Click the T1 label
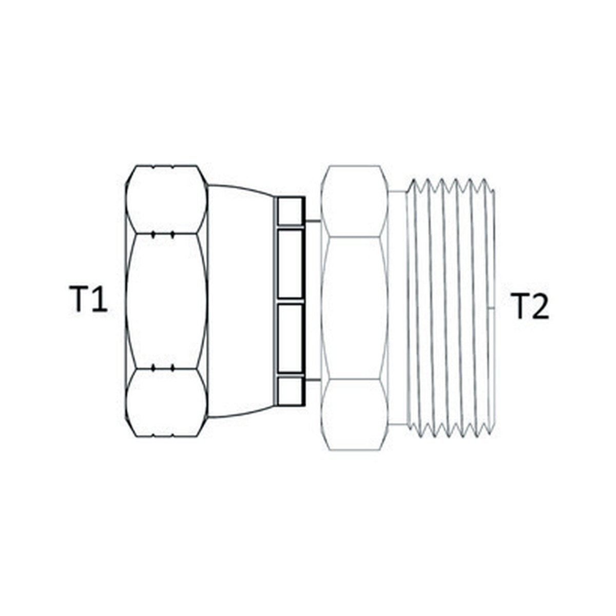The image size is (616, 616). (x=88, y=299)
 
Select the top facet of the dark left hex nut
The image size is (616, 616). (x=166, y=200)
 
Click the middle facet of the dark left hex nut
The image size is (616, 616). (x=166, y=301)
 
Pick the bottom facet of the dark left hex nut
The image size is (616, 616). (x=166, y=402)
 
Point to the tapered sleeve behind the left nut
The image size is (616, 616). (x=240, y=301)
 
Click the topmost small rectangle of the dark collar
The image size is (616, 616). (x=290, y=211)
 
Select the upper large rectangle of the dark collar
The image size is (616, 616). (x=290, y=264)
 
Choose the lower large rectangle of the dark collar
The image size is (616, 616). (x=290, y=338)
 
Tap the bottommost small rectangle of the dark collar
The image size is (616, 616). (x=290, y=391)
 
